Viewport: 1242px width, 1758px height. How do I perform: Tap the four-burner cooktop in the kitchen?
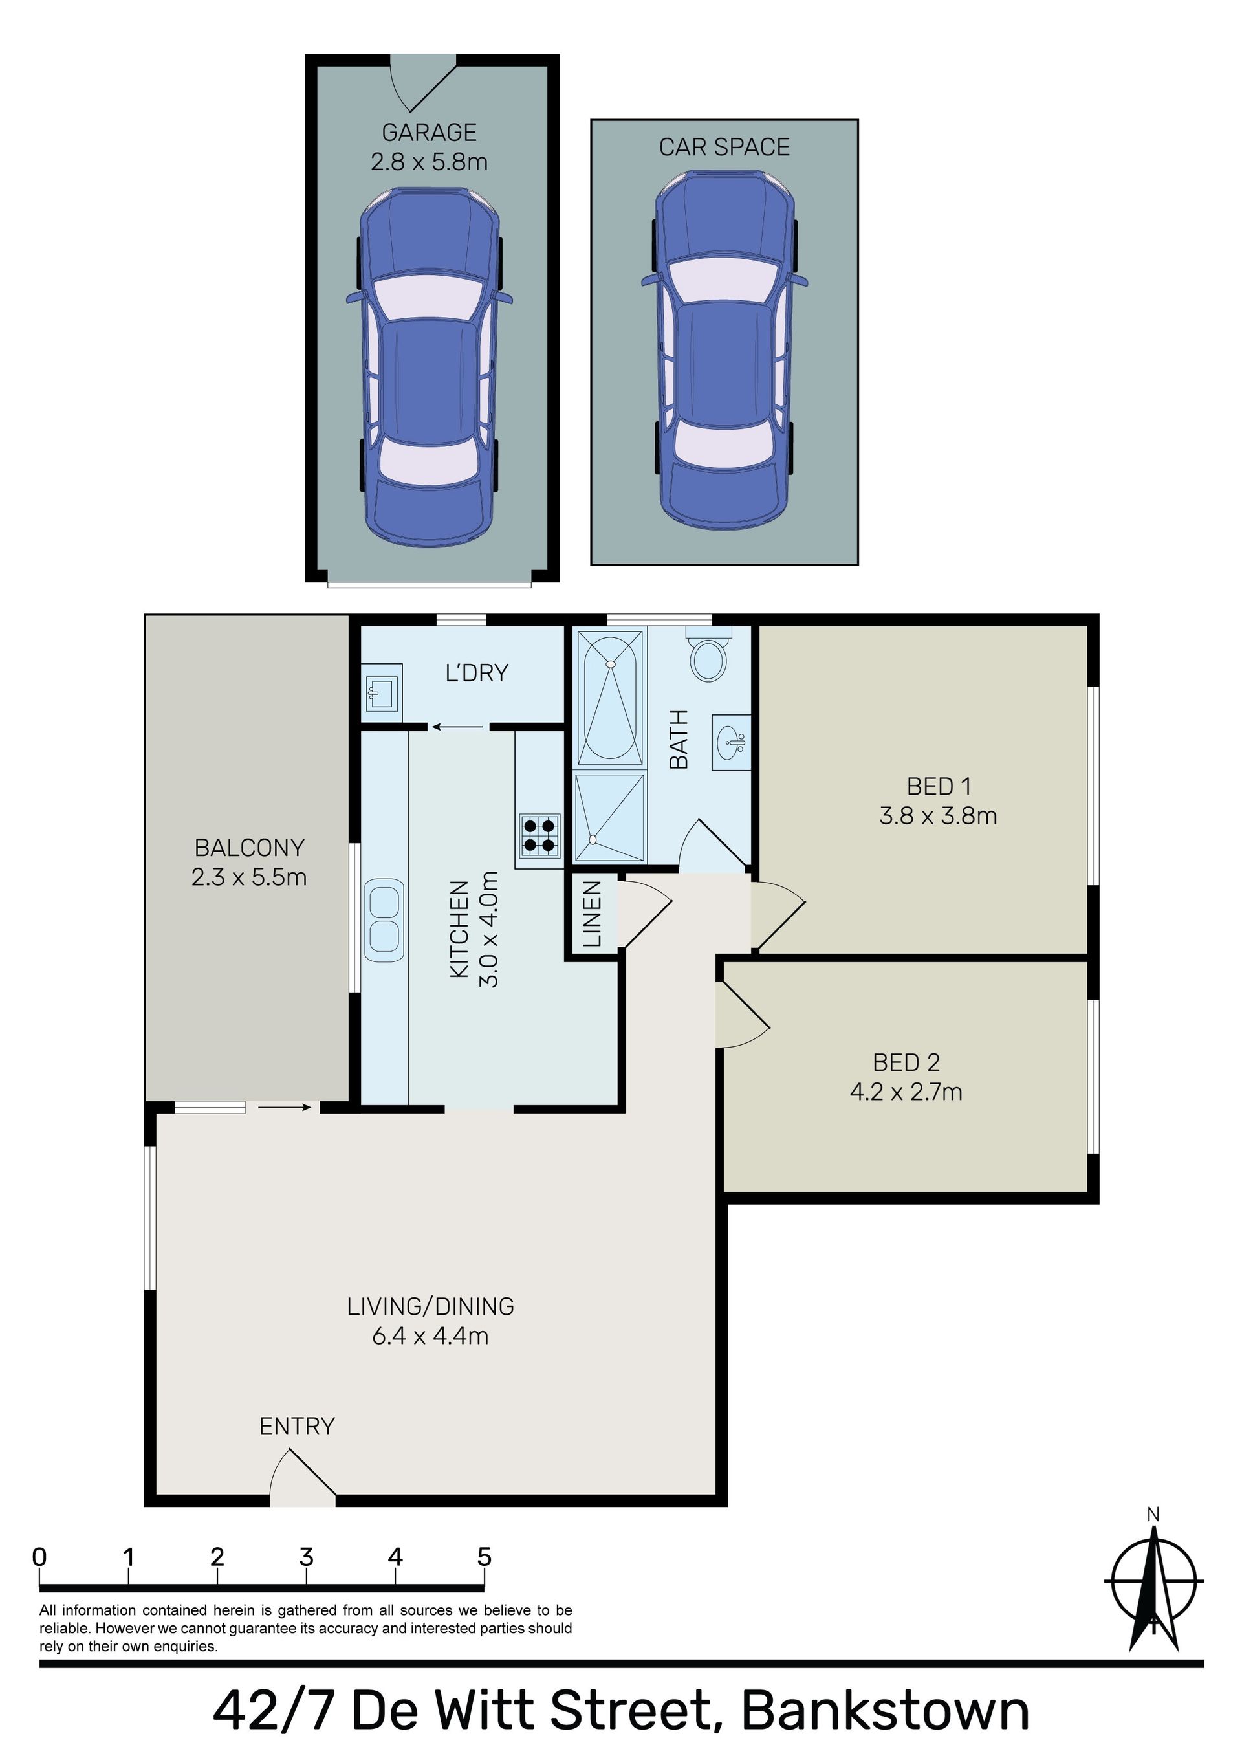click(539, 835)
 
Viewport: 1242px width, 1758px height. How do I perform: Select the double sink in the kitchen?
click(384, 921)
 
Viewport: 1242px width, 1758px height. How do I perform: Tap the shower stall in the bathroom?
click(609, 818)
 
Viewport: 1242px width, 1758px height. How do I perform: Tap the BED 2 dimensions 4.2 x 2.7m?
click(906, 1091)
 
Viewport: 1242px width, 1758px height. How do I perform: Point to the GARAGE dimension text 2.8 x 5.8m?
click(429, 162)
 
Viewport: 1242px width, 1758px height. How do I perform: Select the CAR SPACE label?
click(724, 147)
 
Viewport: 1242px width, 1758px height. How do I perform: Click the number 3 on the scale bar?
click(306, 1557)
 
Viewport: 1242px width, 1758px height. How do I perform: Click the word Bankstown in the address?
click(886, 1712)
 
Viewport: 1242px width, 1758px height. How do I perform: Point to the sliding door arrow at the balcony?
click(284, 1106)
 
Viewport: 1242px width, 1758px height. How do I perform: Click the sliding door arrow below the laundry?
click(457, 727)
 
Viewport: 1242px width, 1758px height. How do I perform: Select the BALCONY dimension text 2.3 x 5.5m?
click(249, 877)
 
